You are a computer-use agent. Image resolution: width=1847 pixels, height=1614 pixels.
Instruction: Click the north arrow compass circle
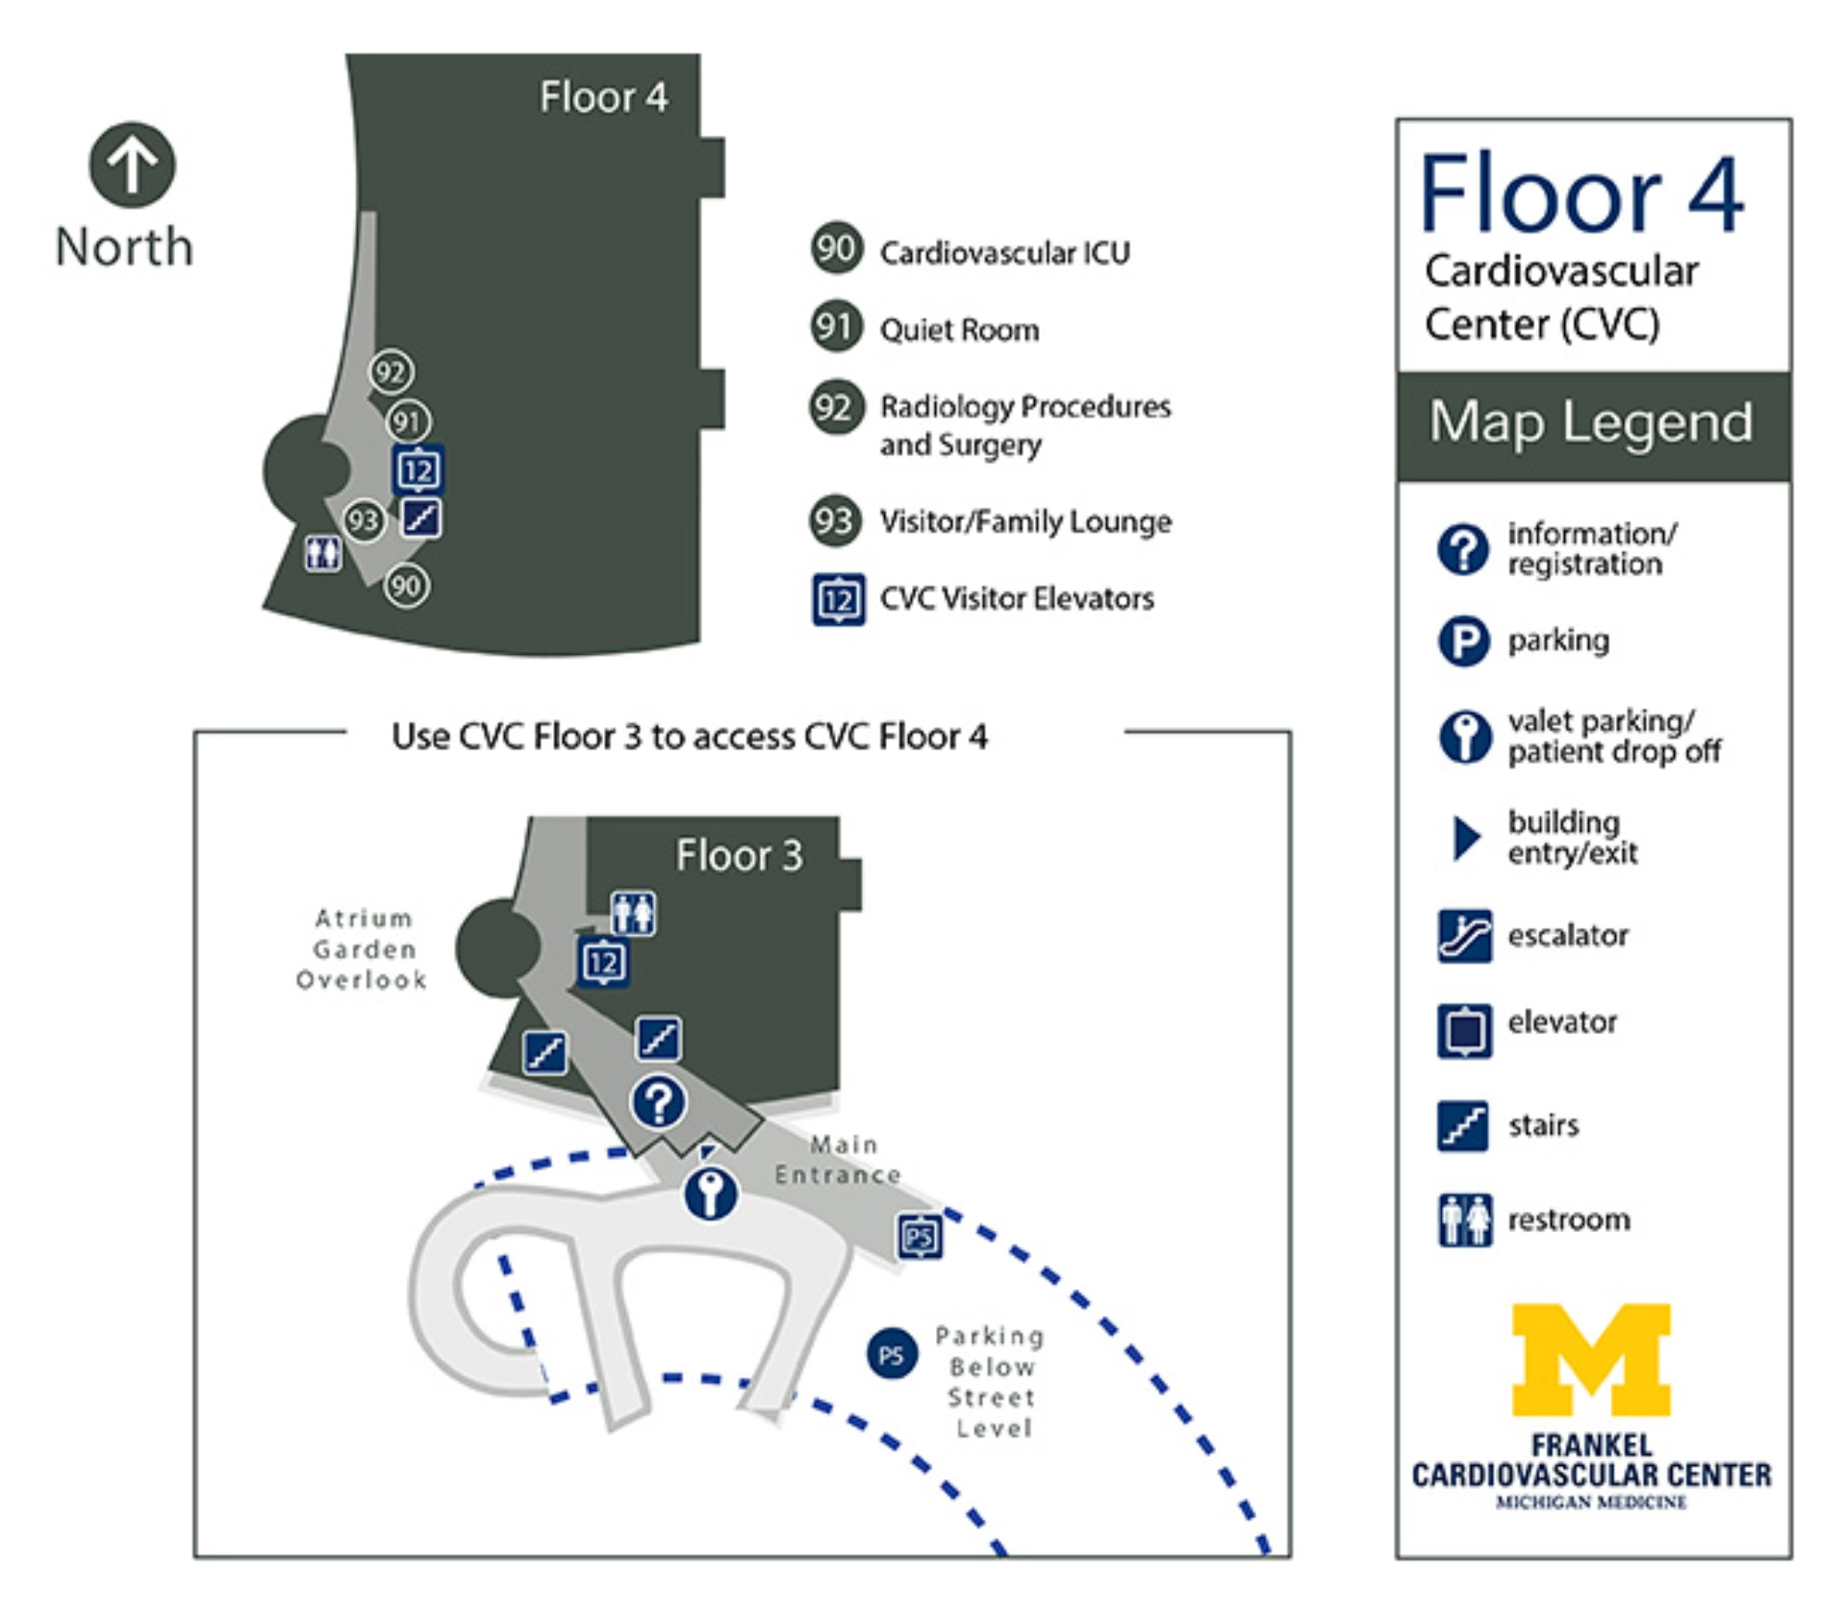coord(132,164)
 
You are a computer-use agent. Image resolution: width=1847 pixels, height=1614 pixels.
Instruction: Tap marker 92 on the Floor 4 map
coord(391,371)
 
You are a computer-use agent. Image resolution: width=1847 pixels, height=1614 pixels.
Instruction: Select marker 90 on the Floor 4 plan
coord(406,585)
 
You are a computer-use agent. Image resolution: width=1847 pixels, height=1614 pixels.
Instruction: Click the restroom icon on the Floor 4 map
coord(322,553)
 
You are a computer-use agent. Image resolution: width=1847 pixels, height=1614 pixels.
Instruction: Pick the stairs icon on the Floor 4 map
coord(421,518)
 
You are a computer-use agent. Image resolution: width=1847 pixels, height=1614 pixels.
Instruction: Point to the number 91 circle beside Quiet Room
coord(835,327)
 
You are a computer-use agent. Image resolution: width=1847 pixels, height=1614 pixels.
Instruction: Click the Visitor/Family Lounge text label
coord(1025,521)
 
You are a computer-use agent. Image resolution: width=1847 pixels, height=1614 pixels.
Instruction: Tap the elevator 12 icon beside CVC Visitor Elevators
coord(838,599)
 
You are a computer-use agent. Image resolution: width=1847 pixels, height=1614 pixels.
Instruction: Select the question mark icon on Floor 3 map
coord(658,1102)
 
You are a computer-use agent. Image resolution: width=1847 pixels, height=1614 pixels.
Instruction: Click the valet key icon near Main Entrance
coord(710,1195)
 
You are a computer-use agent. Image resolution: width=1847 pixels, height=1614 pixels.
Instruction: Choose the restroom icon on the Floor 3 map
coord(633,913)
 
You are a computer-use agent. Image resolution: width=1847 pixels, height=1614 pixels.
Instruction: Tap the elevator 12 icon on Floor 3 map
coord(603,962)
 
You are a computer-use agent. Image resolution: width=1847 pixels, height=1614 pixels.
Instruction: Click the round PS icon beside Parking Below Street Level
coord(891,1355)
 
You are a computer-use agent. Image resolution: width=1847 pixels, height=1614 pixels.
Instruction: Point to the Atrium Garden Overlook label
coord(362,948)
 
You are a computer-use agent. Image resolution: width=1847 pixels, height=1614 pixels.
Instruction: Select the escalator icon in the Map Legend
coord(1464,935)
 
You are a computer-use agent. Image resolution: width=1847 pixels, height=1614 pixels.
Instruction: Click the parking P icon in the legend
coord(1463,641)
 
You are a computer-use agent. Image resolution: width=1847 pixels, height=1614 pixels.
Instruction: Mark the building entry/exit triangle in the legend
coord(1465,838)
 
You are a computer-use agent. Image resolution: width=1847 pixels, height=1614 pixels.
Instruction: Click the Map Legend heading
coord(1591,422)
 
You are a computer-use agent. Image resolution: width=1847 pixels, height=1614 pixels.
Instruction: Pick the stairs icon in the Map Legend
coord(1463,1125)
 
